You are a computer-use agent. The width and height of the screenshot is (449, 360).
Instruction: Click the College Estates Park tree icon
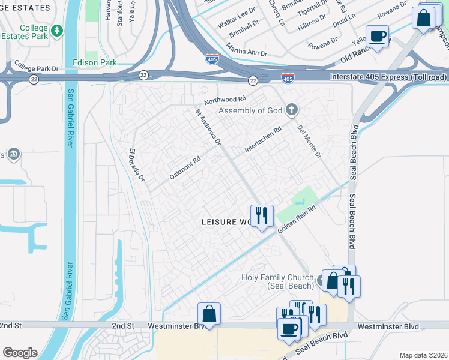(x=57, y=30)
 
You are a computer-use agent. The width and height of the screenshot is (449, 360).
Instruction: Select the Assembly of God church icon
(x=292, y=110)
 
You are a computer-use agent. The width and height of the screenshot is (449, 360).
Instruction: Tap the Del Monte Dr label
(x=310, y=142)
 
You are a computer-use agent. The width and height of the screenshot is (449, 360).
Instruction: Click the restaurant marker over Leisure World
(x=261, y=215)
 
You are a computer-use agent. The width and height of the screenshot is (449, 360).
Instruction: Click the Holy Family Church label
(x=277, y=281)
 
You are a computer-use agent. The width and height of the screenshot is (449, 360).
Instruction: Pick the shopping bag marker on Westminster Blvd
(x=209, y=314)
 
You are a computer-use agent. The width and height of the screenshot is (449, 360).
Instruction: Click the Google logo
(x=20, y=353)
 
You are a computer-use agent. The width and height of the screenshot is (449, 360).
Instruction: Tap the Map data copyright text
(x=423, y=355)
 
